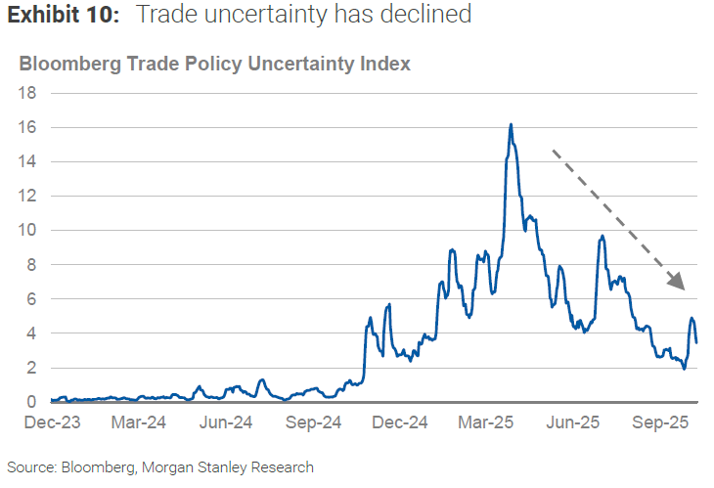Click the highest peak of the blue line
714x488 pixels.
tap(511, 125)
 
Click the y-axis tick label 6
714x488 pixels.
tap(32, 299)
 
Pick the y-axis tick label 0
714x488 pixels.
tap(32, 402)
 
